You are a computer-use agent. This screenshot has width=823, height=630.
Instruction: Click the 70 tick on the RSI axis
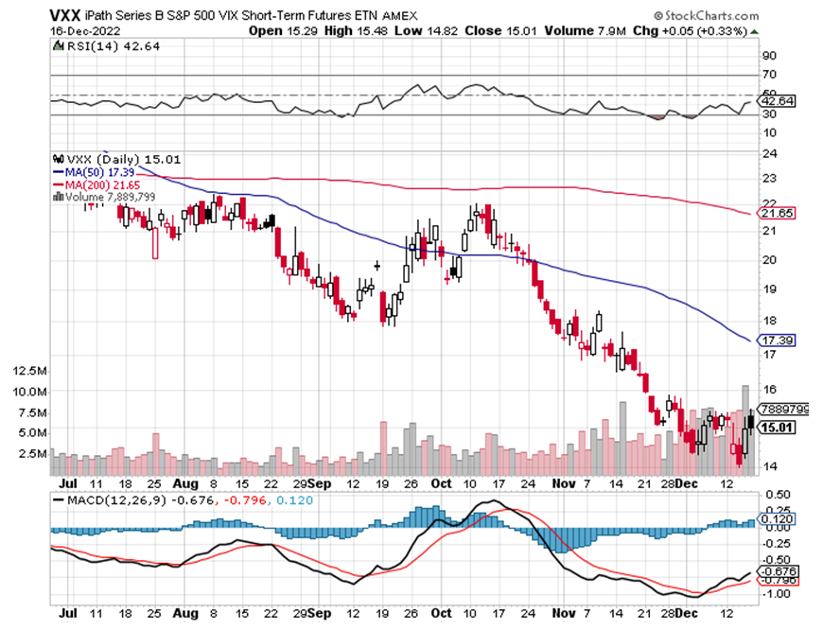[x=770, y=74]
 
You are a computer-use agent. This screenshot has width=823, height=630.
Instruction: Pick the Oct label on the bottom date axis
[x=441, y=481]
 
